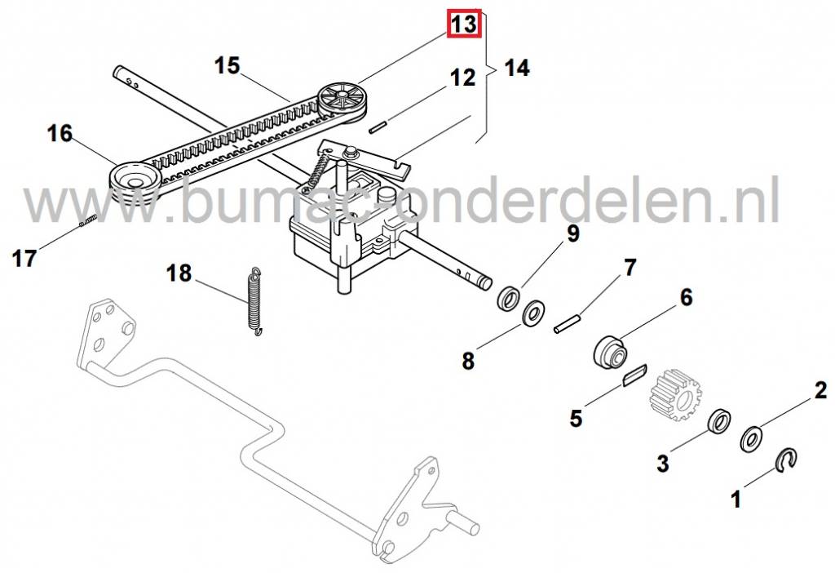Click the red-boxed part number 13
[463, 24]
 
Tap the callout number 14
[516, 69]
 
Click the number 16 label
[60, 132]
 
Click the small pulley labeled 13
[342, 99]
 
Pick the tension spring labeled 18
[255, 301]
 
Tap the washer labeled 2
[751, 439]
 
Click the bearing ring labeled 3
[718, 422]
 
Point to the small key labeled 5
[634, 375]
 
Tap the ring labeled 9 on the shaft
[509, 296]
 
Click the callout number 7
[630, 268]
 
